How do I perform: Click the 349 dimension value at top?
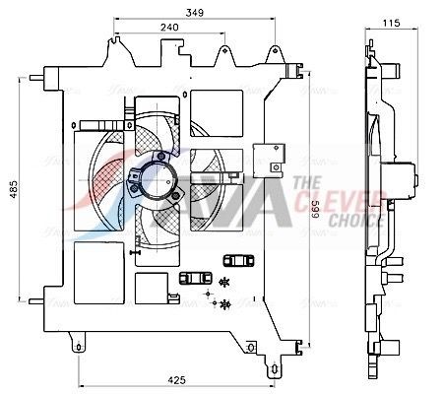click(x=196, y=12)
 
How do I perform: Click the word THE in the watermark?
click(x=306, y=183)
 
